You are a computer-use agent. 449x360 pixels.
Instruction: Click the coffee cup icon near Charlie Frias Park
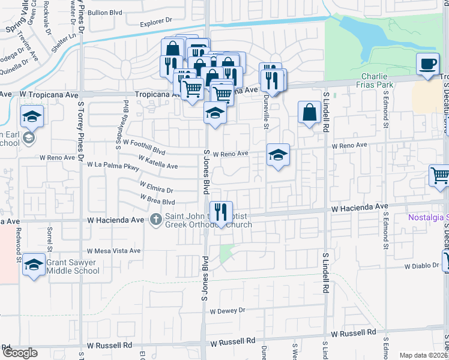coord(427,64)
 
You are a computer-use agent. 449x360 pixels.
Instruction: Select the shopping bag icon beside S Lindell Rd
coord(309,112)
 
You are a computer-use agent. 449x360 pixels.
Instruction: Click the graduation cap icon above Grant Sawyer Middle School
coord(34,266)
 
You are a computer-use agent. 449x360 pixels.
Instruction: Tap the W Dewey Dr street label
coord(228,311)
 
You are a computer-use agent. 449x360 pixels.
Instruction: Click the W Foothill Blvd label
coord(140,148)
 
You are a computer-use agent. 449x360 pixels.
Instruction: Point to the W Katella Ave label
coord(158,162)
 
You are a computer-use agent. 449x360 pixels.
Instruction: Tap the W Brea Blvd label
coord(157,199)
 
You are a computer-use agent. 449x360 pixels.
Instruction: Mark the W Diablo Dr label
coord(422,266)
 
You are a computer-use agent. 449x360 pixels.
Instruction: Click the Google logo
coord(19,353)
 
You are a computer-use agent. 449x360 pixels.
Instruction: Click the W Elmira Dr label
coord(156,187)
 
